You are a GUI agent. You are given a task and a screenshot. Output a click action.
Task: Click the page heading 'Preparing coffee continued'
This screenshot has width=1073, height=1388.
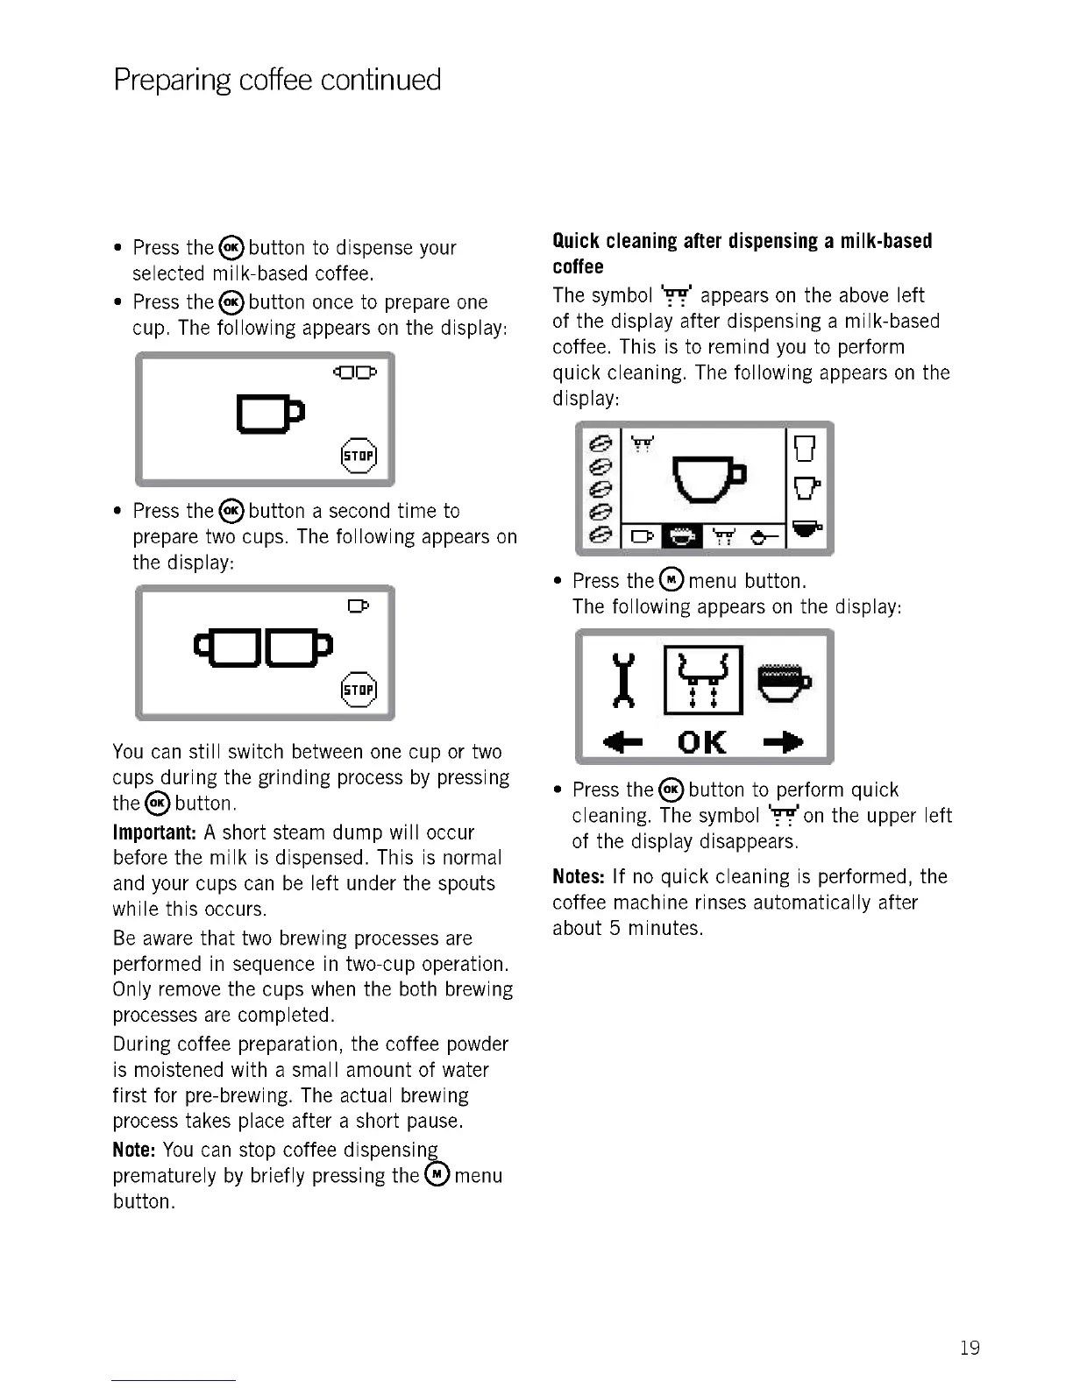point(277,80)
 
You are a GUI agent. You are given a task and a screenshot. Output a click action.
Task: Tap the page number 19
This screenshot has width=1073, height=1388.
point(970,1348)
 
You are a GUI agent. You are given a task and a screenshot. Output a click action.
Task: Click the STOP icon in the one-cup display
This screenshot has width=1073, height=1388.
point(358,455)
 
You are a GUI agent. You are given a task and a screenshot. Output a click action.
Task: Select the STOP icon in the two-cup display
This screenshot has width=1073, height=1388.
point(358,689)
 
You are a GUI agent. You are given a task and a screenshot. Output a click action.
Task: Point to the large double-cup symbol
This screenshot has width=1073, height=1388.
point(263,647)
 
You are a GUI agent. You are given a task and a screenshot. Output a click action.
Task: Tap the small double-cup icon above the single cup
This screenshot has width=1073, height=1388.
point(354,372)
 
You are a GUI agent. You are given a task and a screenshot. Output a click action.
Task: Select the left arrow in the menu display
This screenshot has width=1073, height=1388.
point(623,743)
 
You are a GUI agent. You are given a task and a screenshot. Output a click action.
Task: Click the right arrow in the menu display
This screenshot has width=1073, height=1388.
point(783,743)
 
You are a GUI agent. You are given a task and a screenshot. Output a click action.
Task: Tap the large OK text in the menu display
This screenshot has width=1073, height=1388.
point(702,743)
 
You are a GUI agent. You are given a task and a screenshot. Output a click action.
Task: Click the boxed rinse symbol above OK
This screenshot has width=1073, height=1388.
point(703,680)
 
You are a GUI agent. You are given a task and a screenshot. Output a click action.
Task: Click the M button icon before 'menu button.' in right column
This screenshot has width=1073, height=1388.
point(671,580)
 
